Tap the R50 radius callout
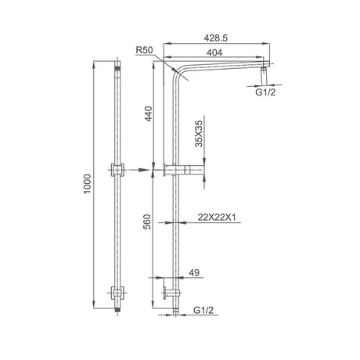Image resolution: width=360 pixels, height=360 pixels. point(142,50)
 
